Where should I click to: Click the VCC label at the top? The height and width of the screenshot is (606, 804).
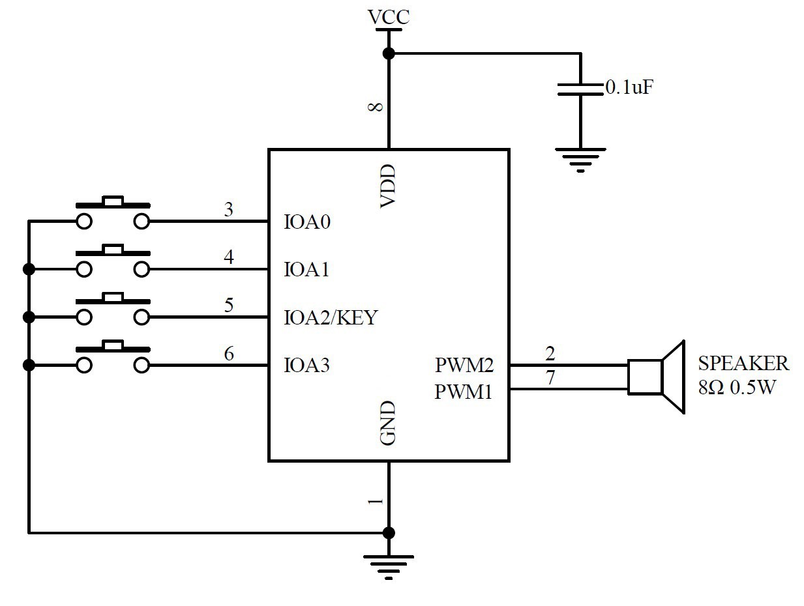[x=389, y=17]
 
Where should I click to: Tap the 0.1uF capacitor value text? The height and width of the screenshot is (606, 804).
[x=629, y=87]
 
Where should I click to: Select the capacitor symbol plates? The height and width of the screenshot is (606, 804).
[x=580, y=89]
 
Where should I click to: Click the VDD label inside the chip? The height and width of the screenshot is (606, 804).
[x=388, y=187]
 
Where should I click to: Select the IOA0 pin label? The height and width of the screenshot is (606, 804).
[x=307, y=222]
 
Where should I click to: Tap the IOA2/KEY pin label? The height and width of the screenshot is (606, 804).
[x=331, y=318]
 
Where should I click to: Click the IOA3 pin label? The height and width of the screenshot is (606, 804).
[x=307, y=366]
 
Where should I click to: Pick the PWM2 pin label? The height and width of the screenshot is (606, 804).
[x=464, y=366]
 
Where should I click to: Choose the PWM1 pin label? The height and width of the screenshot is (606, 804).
[x=464, y=392]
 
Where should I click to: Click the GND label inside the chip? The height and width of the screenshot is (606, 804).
[x=388, y=424]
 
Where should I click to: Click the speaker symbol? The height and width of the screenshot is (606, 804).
[x=655, y=377]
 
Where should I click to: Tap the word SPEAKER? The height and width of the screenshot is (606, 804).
[x=743, y=363]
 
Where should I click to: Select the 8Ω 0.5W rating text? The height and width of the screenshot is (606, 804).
[x=737, y=388]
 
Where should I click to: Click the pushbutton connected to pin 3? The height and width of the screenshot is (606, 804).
[x=113, y=212]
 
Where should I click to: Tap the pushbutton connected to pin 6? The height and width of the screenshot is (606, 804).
[x=113, y=356]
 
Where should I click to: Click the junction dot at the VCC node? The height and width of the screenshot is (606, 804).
[x=389, y=53]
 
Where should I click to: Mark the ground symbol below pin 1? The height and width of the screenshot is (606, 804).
[x=389, y=564]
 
